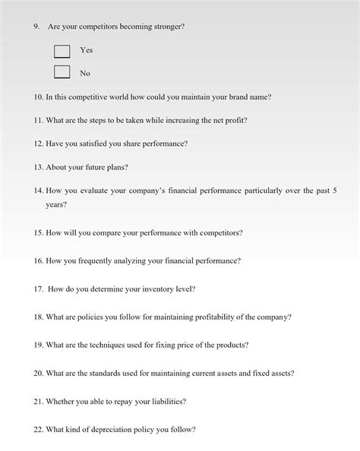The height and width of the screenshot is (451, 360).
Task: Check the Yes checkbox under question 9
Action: pos(62,52)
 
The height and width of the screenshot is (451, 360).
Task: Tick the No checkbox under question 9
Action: pos(62,73)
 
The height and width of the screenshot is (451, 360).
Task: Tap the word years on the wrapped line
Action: pos(55,205)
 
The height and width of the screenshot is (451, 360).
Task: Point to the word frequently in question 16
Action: pos(97,260)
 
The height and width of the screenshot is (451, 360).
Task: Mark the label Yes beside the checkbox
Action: pos(86,50)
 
